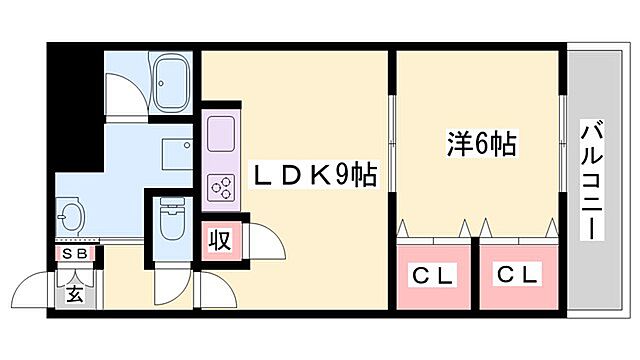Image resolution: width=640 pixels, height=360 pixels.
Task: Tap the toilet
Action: pyautogui.click(x=171, y=221)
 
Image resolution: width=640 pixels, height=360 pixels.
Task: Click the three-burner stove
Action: pyautogui.click(x=219, y=187)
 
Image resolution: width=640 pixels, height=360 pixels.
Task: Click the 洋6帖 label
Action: pyautogui.click(x=481, y=145)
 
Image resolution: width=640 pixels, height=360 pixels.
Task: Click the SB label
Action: pyautogui.click(x=75, y=254)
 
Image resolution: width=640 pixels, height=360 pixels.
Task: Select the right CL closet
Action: pyautogui.click(x=518, y=272)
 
